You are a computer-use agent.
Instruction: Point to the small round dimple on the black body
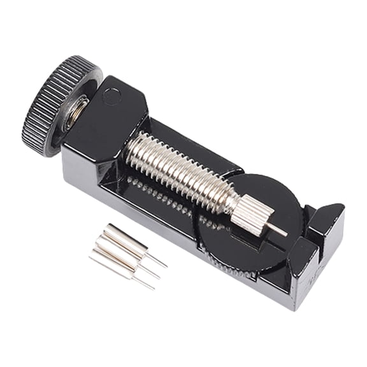coord(112,97)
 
